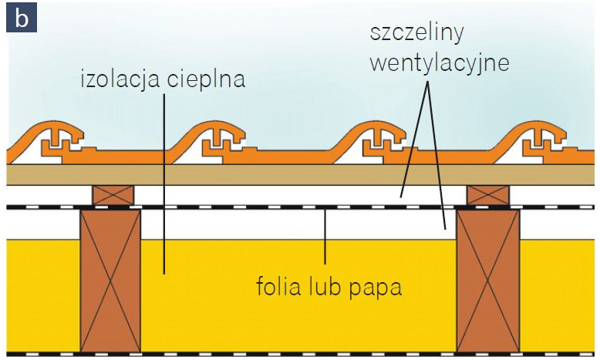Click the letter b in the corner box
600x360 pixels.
[21, 19]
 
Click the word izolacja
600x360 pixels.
[120, 79]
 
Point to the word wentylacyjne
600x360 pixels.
[439, 62]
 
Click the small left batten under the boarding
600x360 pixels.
[114, 194]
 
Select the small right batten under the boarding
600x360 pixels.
[488, 194]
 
